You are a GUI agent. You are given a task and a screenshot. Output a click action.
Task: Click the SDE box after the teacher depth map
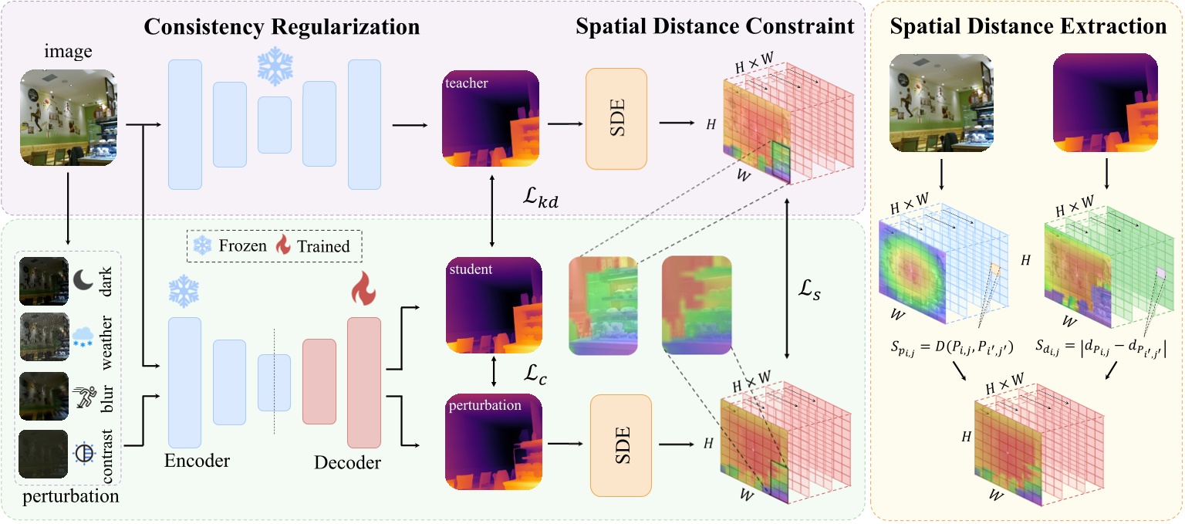tap(616, 118)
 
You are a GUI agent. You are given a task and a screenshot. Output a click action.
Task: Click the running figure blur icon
tap(83, 395)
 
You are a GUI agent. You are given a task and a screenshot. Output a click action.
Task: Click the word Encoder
tap(197, 461)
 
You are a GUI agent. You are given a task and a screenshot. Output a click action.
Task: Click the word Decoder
tap(347, 463)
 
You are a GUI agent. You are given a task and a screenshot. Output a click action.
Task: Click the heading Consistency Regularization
tap(282, 28)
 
